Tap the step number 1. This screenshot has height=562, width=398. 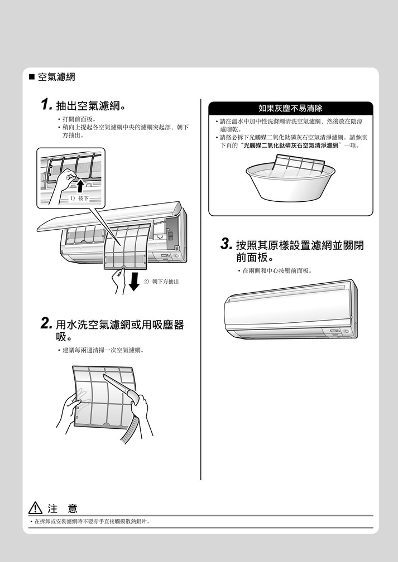(47, 105)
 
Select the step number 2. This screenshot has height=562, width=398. (47, 324)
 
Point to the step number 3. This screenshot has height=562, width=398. (226, 244)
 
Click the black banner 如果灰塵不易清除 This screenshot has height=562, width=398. (290, 108)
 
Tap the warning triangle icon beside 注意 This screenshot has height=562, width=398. (35, 508)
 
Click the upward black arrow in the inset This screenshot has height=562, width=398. (80, 186)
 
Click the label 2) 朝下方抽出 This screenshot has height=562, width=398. (162, 282)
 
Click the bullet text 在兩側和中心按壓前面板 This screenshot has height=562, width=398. (276, 270)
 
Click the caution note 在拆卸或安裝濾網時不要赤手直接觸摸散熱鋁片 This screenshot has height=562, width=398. (92, 522)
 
